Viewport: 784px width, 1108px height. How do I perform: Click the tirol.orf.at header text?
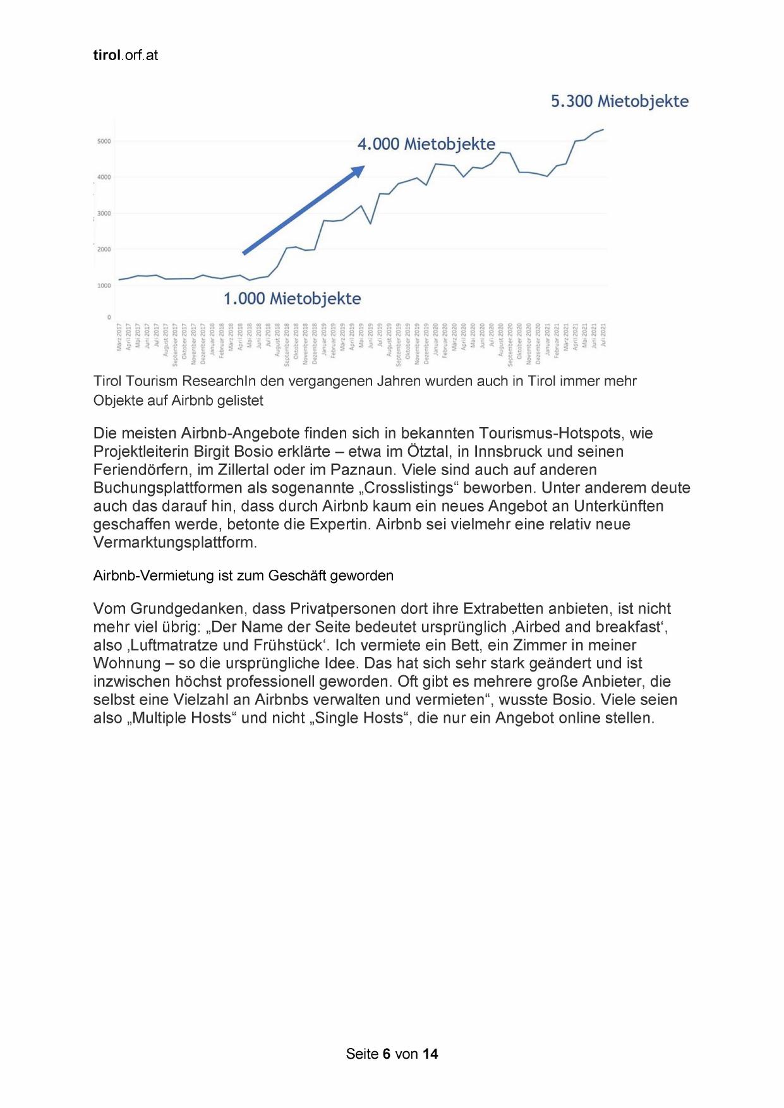[125, 56]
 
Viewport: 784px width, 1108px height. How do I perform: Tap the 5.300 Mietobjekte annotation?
[619, 102]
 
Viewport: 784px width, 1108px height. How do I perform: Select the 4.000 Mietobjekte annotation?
[426, 144]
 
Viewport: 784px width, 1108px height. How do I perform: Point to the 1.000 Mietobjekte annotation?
[292, 299]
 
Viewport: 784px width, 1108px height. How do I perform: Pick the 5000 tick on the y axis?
[104, 142]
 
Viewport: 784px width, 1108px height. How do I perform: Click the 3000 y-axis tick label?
[104, 214]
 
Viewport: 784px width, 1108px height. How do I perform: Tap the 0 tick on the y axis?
[109, 317]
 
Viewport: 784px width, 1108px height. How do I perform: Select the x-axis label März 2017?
[119, 337]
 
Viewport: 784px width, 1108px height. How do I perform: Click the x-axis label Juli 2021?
[603, 334]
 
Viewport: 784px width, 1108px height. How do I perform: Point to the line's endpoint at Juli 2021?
[603, 129]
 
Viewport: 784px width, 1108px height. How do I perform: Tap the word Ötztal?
[426, 452]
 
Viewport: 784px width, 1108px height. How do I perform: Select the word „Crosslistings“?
[410, 488]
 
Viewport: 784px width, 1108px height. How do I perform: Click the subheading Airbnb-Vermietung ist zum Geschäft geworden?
[243, 575]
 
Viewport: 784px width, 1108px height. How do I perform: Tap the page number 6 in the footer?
[386, 1054]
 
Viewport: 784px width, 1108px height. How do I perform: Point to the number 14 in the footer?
[430, 1054]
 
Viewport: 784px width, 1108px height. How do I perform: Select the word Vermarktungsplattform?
[174, 543]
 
